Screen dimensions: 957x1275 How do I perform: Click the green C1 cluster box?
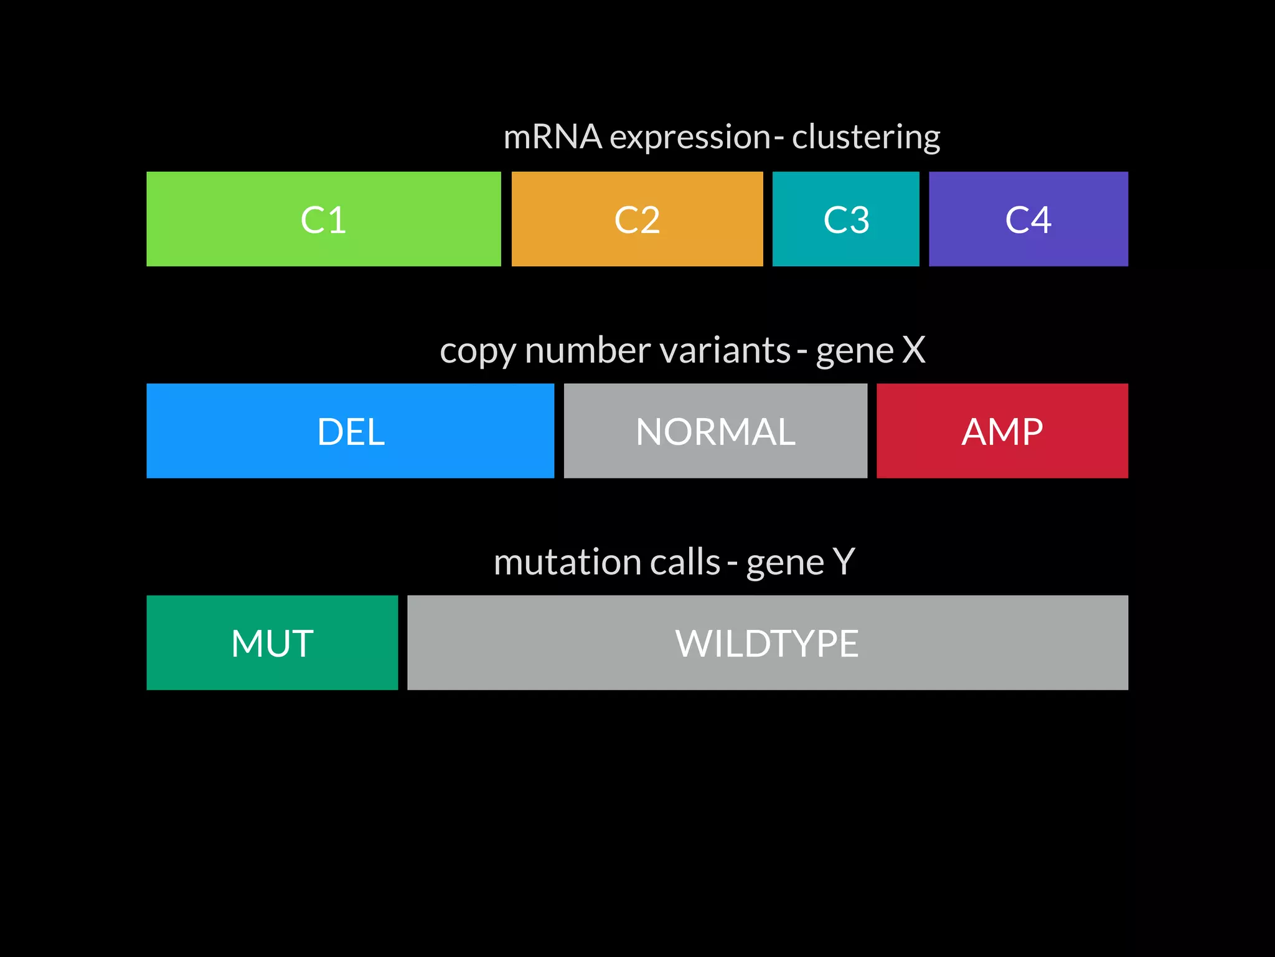pos(323,219)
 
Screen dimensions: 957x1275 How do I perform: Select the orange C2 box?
pos(637,219)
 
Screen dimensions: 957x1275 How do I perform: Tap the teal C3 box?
pos(845,219)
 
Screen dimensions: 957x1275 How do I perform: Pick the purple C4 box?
pos(1028,219)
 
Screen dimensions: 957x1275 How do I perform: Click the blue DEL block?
pos(350,431)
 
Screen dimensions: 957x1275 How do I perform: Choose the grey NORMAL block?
pos(715,431)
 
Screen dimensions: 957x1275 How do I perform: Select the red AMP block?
pos(1002,431)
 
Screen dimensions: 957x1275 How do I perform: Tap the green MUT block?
pos(272,642)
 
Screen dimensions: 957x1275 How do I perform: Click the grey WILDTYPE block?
pos(767,642)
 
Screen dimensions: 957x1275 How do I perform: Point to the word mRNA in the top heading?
pos(552,137)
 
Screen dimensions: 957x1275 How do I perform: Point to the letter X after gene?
pos(913,350)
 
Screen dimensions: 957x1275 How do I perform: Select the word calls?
pos(685,562)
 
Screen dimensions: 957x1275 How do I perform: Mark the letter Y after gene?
pos(844,562)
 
